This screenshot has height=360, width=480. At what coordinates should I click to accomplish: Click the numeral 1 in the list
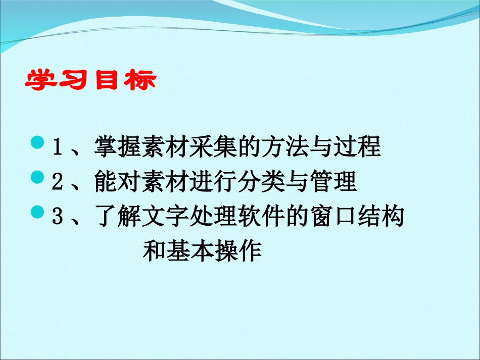pos(57,148)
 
